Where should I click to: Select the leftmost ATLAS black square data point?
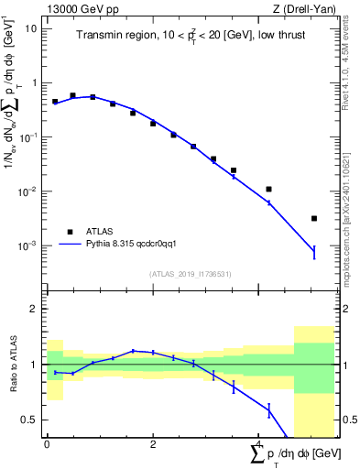pos(55,102)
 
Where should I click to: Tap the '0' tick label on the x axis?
pos(47,444)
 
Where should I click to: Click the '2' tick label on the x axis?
pos(153,444)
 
